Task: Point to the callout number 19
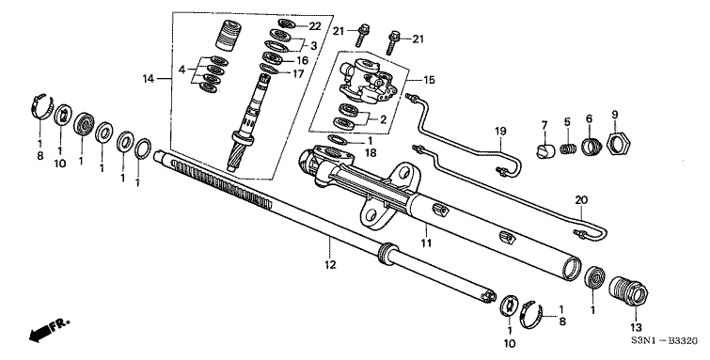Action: [x=500, y=130]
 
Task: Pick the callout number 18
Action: [x=369, y=152]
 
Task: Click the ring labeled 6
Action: [x=592, y=147]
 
